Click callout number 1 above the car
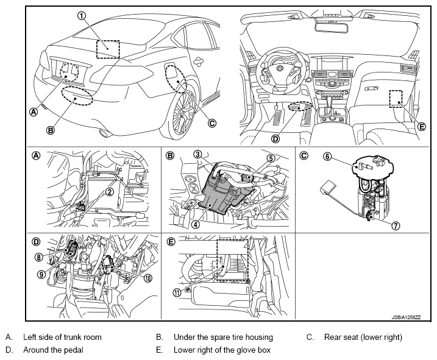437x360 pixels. (x=81, y=16)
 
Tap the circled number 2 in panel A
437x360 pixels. (x=110, y=191)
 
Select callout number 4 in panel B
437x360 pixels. (x=196, y=224)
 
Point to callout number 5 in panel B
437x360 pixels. (x=271, y=158)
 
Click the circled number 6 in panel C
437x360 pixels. (x=327, y=157)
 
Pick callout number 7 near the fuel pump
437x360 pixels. (x=396, y=225)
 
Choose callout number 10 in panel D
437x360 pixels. (x=148, y=278)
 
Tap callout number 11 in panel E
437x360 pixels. (x=177, y=292)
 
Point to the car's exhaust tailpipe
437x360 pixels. (x=104, y=133)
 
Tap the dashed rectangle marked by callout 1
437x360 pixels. (x=108, y=49)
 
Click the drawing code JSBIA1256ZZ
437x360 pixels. (x=406, y=317)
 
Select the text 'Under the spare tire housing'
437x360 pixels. (x=223, y=337)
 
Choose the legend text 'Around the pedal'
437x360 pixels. (x=53, y=350)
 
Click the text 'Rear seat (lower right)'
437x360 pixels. (x=363, y=337)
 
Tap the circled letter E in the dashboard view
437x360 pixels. (x=422, y=127)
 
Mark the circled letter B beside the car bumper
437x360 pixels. (x=50, y=130)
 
